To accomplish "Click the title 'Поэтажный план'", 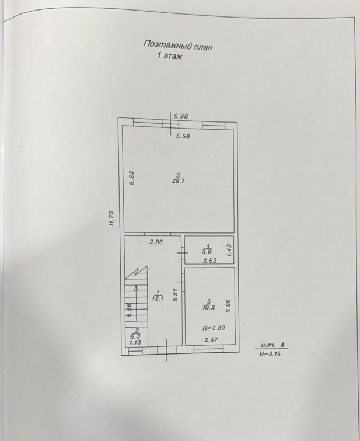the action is click(x=177, y=46).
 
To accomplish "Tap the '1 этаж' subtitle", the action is click(x=169, y=56).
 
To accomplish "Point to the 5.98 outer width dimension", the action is click(x=181, y=116).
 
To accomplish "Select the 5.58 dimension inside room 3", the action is click(x=183, y=137).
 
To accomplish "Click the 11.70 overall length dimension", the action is click(x=111, y=218).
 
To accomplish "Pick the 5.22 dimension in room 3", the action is click(x=132, y=178).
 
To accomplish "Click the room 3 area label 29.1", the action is click(x=178, y=182).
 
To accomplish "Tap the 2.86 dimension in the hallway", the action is click(x=156, y=242).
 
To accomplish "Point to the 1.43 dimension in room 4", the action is click(x=229, y=250).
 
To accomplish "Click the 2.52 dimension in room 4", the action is click(x=210, y=261).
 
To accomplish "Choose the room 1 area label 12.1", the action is click(x=158, y=299).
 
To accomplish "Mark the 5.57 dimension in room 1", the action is click(x=176, y=296).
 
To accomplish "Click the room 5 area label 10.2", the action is click(x=208, y=307).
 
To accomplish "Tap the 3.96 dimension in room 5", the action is click(x=228, y=306).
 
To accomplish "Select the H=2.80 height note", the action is click(x=214, y=328).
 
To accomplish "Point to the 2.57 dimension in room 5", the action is click(x=211, y=340).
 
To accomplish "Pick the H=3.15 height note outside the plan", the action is click(x=270, y=354).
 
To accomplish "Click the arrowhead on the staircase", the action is click(x=137, y=288).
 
